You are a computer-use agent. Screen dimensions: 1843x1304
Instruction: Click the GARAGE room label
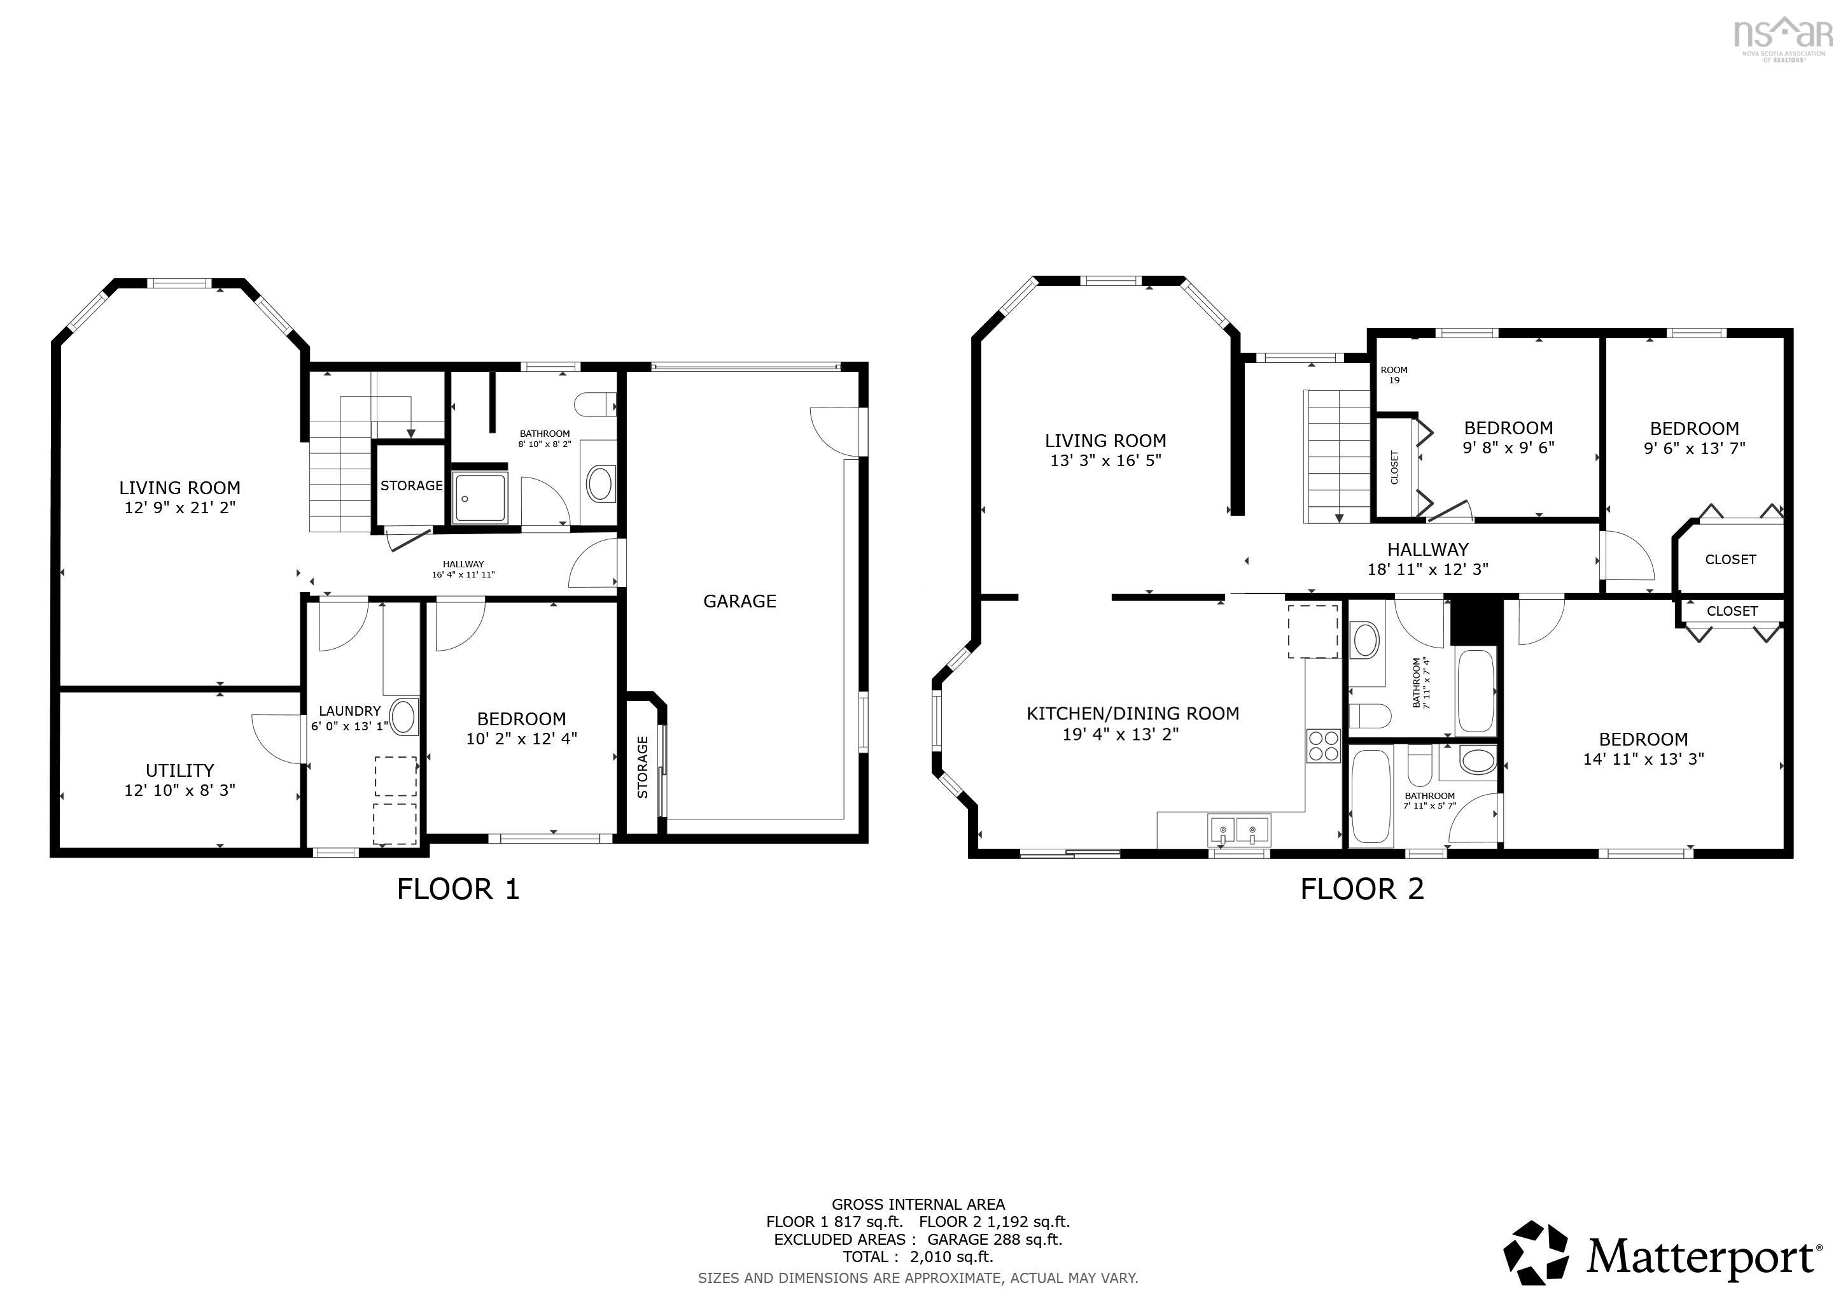click(x=739, y=602)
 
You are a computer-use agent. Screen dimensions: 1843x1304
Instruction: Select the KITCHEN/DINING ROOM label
click(x=1133, y=714)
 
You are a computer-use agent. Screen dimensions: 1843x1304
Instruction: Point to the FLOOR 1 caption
click(x=458, y=889)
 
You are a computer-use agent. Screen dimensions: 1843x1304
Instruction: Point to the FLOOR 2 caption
click(x=1362, y=889)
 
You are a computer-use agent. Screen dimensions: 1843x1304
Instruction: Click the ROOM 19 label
click(x=1394, y=375)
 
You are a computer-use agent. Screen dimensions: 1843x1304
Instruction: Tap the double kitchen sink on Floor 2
click(x=1238, y=830)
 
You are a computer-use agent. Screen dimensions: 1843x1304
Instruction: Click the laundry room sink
click(x=403, y=716)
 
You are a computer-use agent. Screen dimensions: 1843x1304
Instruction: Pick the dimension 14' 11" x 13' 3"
click(x=1643, y=759)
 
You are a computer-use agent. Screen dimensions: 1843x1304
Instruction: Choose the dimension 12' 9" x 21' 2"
click(x=180, y=507)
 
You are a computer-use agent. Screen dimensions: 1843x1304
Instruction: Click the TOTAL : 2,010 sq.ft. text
click(x=918, y=1257)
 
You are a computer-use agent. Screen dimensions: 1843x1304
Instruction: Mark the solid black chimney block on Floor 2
click(x=1476, y=621)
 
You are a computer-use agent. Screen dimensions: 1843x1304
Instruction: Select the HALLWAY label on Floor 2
click(x=1428, y=550)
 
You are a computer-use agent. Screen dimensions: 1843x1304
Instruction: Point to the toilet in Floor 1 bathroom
click(x=595, y=404)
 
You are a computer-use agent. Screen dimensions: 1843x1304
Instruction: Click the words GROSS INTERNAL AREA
click(x=918, y=1205)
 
